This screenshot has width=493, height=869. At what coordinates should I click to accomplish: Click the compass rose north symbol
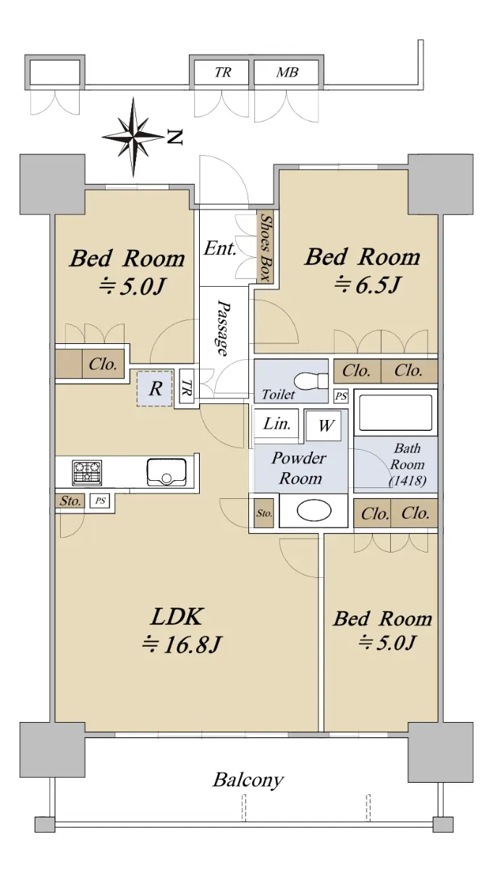point(133,137)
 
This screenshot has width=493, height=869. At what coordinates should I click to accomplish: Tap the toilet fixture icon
point(311,380)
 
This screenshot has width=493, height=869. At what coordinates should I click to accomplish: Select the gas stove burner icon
point(88,472)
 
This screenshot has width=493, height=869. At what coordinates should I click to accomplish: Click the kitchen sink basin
point(167,471)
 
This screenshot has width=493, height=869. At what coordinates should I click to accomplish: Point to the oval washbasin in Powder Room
point(313,511)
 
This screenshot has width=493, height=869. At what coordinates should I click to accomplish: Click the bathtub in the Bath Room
point(396,412)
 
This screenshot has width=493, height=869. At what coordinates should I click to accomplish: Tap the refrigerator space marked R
point(154,388)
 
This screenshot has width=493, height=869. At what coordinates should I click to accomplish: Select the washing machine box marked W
point(323,426)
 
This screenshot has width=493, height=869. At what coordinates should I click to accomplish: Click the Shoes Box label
point(266,247)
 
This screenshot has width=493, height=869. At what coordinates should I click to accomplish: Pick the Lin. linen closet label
point(277,423)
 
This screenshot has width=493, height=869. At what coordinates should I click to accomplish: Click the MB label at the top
point(287,72)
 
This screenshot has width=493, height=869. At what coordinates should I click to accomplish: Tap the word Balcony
point(248,780)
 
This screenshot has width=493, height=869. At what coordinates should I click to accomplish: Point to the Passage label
point(223,327)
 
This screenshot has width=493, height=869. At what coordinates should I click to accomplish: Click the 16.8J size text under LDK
point(182,645)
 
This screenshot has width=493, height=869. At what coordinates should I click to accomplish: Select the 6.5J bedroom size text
point(367,285)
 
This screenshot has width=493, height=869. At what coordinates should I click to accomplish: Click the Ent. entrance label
point(220,248)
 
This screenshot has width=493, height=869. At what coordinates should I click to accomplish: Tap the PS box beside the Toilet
point(341,397)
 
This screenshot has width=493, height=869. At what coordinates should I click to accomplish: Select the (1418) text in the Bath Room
point(408,481)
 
